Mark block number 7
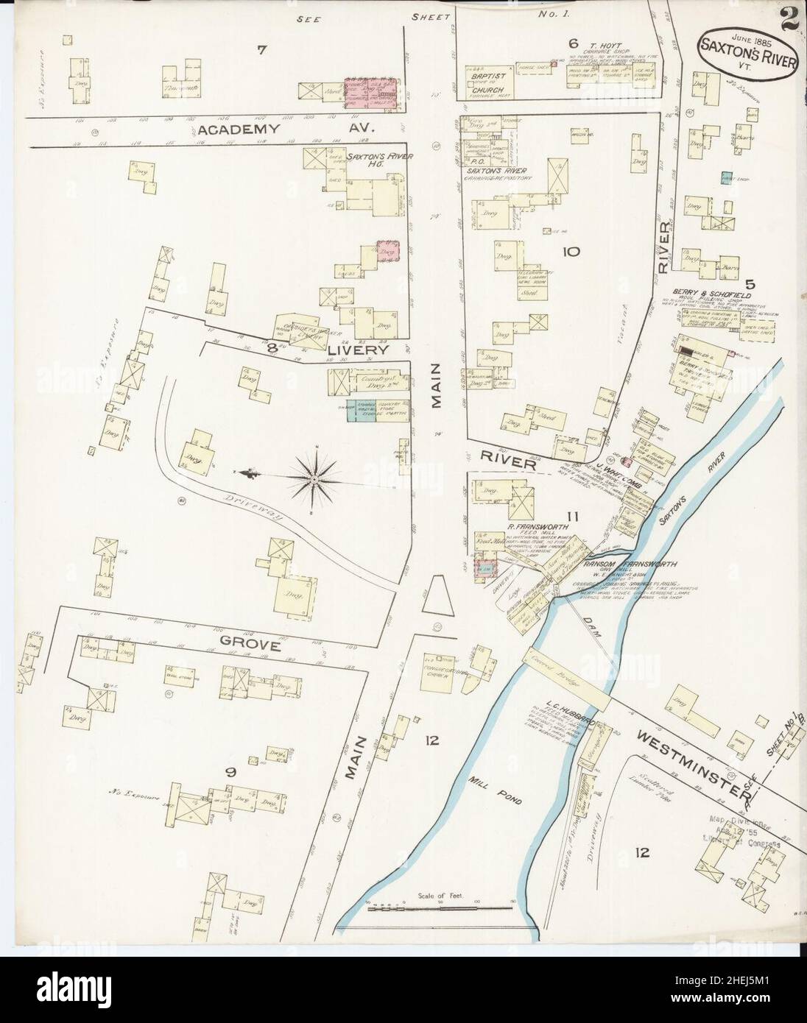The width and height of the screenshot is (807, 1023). pos(261,49)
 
